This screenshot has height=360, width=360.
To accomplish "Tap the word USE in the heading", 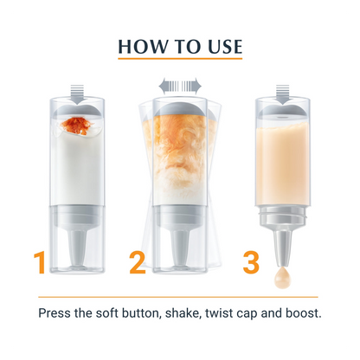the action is point(225,47).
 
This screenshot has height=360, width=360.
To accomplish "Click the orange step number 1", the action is point(40,262).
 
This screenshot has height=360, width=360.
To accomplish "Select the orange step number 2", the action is point(138,262).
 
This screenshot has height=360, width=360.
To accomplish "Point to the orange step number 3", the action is point(251,262).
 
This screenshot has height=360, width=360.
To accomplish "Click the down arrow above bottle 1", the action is point(77,94).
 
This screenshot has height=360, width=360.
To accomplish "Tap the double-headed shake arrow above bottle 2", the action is point(180,86).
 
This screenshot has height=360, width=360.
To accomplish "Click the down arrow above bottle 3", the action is point(283,94).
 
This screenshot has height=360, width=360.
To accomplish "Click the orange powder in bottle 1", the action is point(77,125).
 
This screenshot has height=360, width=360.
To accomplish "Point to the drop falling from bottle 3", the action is point(283,278).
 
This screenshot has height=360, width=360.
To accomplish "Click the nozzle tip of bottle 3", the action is point(283,263).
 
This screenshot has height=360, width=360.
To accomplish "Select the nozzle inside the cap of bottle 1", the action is point(77,248).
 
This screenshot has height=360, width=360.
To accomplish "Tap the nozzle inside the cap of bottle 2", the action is point(180,248).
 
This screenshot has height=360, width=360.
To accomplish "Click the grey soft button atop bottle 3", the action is point(283,111).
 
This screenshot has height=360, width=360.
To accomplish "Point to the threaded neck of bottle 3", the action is point(283,215).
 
